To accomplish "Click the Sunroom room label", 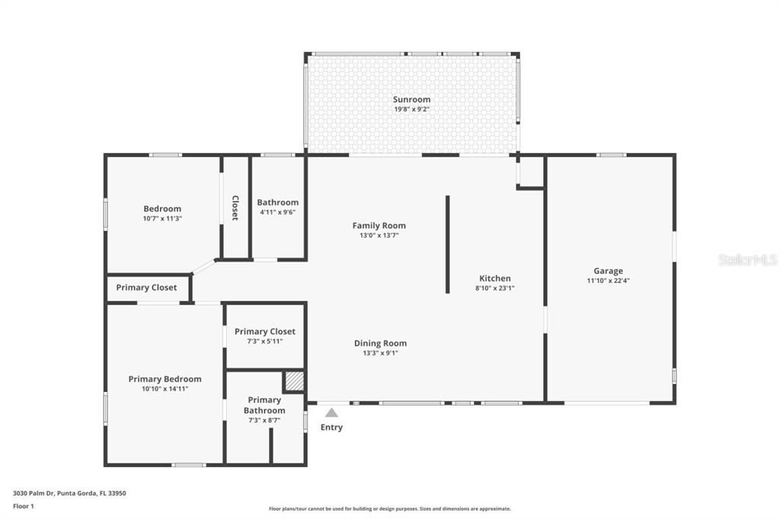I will tap(411, 99).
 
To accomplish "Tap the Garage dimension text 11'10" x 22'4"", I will tap(608, 281).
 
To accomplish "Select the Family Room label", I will tap(379, 225).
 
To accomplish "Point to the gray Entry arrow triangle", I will tap(331, 412).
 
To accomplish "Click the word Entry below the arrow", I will tap(331, 428).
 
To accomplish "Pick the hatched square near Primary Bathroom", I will tap(294, 380).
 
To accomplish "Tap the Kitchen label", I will tap(494, 278).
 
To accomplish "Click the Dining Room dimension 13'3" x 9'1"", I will tap(379, 353).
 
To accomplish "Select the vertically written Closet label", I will tap(235, 208).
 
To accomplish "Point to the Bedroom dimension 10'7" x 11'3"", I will tap(162, 218).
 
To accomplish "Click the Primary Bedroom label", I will tap(165, 379).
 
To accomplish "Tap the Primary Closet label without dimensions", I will tap(146, 288).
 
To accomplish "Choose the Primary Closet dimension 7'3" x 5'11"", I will tap(264, 342).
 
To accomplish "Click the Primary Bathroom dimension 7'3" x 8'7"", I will tap(264, 421).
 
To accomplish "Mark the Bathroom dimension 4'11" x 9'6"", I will tap(277, 212).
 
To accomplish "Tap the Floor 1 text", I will tap(24, 505).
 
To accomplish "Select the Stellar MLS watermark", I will tap(747, 259).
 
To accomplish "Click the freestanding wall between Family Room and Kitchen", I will tap(447, 244).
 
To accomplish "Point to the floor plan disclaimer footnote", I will tap(389, 509).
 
